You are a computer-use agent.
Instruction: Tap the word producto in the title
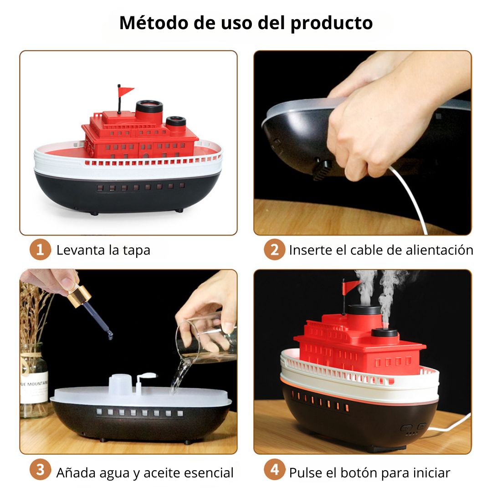[332, 24]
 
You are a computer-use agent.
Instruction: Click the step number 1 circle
[40, 250]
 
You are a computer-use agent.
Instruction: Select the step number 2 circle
[274, 250]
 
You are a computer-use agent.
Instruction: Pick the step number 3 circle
[40, 469]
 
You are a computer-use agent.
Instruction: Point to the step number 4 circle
[274, 469]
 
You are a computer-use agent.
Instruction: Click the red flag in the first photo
[126, 91]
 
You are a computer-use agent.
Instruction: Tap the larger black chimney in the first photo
[149, 112]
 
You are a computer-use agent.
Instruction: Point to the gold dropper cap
[78, 294]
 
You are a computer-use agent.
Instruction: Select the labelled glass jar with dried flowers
[34, 380]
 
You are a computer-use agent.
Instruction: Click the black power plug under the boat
[322, 169]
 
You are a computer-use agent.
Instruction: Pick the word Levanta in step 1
[81, 250]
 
